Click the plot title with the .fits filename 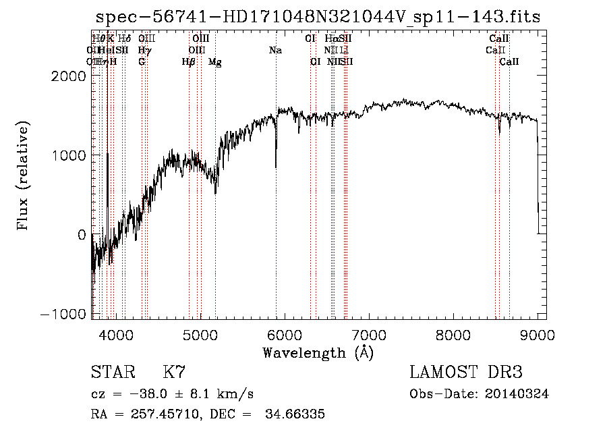click(318, 17)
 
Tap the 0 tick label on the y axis click(81, 235)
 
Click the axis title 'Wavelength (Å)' click(318, 352)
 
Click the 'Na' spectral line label click(275, 51)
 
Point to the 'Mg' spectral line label click(215, 62)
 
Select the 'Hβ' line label click(189, 62)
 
